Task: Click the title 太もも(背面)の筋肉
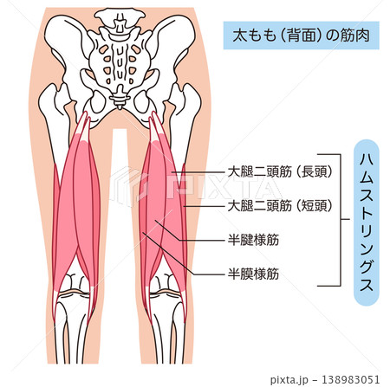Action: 301,35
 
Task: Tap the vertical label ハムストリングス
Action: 366,223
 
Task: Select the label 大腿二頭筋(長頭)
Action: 280,172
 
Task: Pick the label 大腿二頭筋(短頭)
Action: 280,206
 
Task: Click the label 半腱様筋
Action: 253,240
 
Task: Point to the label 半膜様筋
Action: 253,274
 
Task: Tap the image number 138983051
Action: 350,379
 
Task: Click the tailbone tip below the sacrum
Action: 119,107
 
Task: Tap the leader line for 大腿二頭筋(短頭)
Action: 205,206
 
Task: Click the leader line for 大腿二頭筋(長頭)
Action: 198,172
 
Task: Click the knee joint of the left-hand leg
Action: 75,292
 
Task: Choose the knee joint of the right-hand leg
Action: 166,292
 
